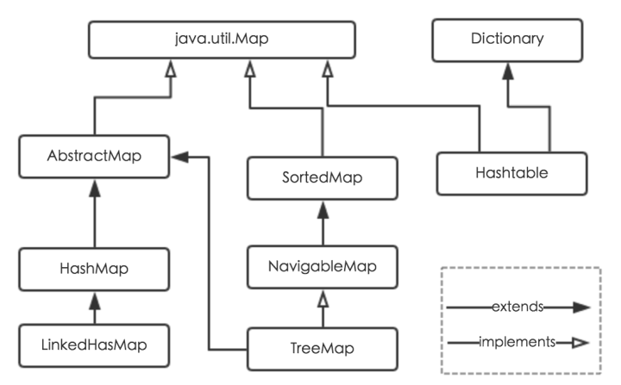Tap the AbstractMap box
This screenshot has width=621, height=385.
(95, 158)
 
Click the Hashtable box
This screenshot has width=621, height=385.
(511, 172)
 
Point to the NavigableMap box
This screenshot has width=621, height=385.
(323, 266)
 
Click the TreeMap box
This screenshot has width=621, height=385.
(323, 348)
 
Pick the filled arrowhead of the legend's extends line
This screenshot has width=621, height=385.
(579, 306)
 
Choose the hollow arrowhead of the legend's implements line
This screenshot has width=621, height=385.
(577, 343)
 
